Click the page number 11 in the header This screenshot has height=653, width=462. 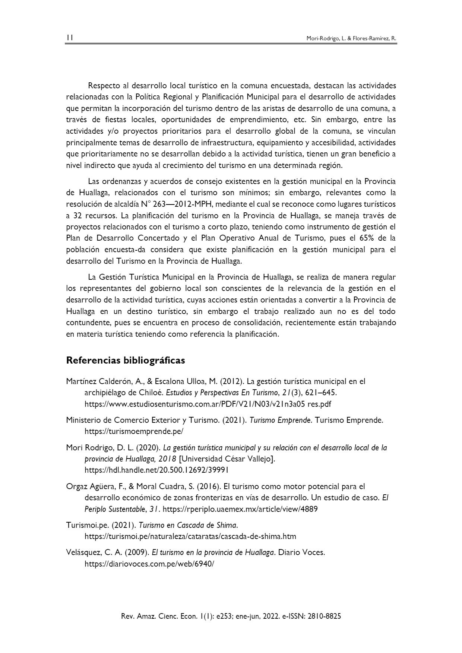click(x=70, y=38)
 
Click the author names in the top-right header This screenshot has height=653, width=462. click(x=351, y=38)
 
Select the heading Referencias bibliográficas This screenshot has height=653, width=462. click(x=125, y=361)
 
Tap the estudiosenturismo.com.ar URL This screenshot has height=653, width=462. click(x=208, y=404)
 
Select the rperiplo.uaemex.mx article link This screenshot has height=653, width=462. click(x=240, y=509)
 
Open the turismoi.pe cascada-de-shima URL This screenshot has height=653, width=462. click(x=190, y=536)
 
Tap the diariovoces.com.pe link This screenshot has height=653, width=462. click(x=149, y=564)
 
